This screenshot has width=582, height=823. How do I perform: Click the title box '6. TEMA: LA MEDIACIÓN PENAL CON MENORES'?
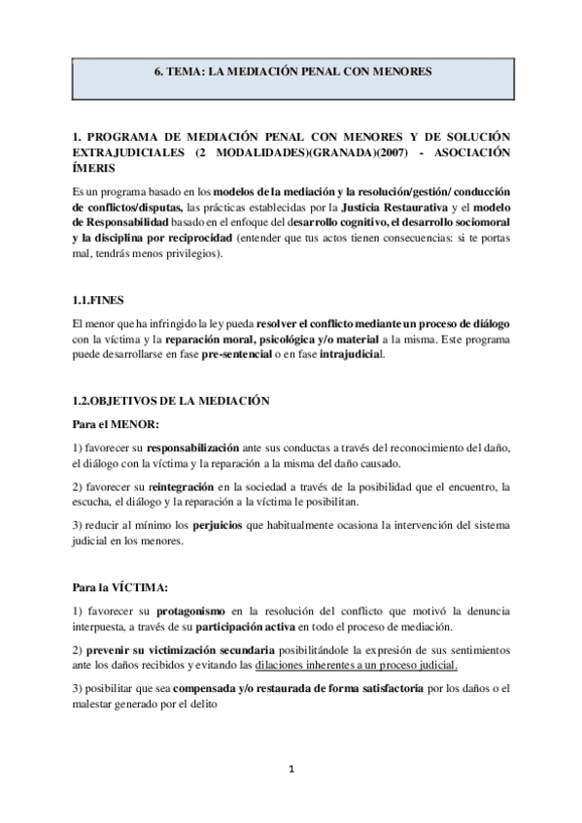click(x=291, y=72)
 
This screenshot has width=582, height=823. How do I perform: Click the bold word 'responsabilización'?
click(x=192, y=449)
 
